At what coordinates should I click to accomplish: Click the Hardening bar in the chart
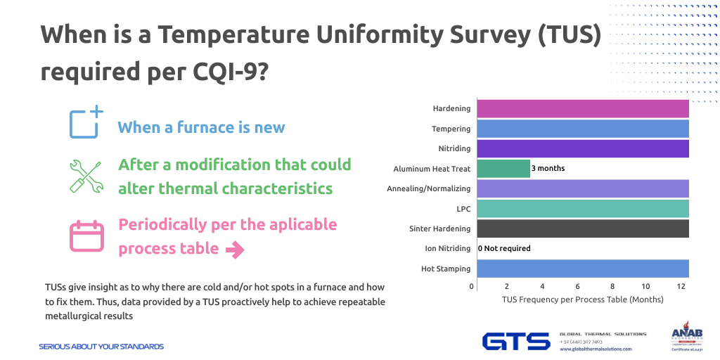(582, 109)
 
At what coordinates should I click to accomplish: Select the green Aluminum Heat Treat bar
(503, 169)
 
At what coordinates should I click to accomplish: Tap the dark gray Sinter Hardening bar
(582, 229)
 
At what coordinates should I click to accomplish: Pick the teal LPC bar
(582, 209)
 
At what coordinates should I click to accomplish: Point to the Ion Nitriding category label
(448, 248)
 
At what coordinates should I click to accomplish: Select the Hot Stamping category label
(446, 269)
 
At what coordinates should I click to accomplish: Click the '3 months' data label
(548, 169)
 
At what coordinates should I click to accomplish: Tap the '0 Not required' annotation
(504, 248)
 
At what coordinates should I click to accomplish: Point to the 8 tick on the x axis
(612, 287)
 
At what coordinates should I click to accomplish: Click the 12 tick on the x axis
(681, 287)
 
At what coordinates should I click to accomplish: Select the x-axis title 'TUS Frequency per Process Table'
(582, 300)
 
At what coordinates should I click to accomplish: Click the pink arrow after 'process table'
(234, 250)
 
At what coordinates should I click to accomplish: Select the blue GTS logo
(516, 342)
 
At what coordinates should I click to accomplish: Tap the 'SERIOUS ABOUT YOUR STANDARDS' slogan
(101, 347)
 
